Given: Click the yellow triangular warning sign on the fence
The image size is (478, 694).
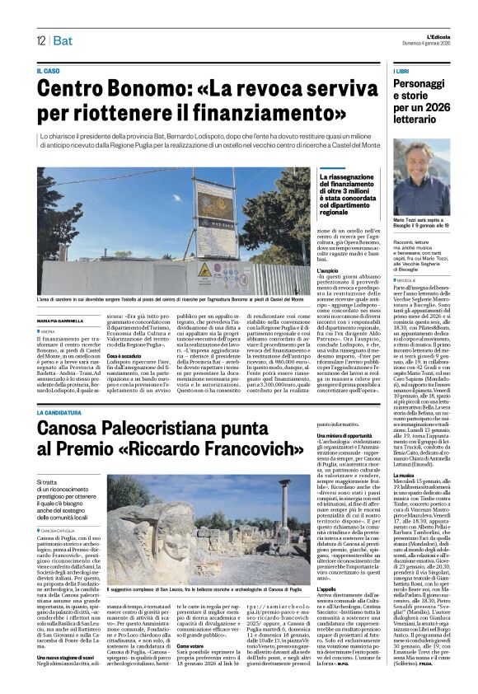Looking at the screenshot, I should click(x=204, y=270).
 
